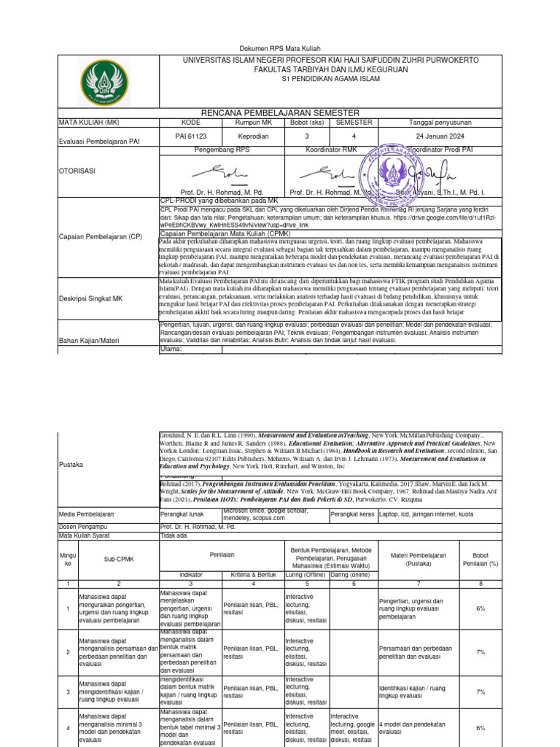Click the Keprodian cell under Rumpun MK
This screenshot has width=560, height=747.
252,136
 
